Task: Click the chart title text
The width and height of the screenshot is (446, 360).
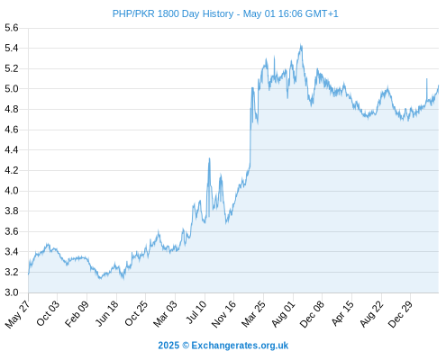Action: tap(225, 13)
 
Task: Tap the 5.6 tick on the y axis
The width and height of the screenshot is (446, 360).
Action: tap(12, 28)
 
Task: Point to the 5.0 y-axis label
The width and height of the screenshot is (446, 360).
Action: tap(12, 89)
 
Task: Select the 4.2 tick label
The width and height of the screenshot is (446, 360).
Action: tap(12, 170)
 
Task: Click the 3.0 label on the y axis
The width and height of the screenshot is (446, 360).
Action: tap(12, 292)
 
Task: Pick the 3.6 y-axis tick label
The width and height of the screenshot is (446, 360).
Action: tap(12, 231)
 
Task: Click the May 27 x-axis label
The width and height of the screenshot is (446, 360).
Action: tap(18, 314)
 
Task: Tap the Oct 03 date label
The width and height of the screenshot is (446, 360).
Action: tap(48, 313)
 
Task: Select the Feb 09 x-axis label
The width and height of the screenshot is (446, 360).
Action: tap(77, 313)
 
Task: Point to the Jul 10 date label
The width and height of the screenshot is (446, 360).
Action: tap(196, 312)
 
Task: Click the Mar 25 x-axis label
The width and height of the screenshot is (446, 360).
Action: tap(254, 313)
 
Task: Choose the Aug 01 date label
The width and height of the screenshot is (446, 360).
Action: tap(284, 313)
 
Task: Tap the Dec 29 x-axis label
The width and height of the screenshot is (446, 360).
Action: tap(401, 313)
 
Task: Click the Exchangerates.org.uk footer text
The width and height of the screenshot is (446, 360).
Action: tap(240, 346)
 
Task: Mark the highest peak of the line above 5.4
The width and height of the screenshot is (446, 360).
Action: tap(301, 44)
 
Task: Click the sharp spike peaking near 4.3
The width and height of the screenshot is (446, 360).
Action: tap(209, 158)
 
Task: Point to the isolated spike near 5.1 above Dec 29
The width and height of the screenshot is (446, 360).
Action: tap(427, 78)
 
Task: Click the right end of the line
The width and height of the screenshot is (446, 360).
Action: tap(439, 85)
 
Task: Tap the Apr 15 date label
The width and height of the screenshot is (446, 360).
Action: tap(342, 313)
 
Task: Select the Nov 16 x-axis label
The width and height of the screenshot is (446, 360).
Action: tap(223, 314)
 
